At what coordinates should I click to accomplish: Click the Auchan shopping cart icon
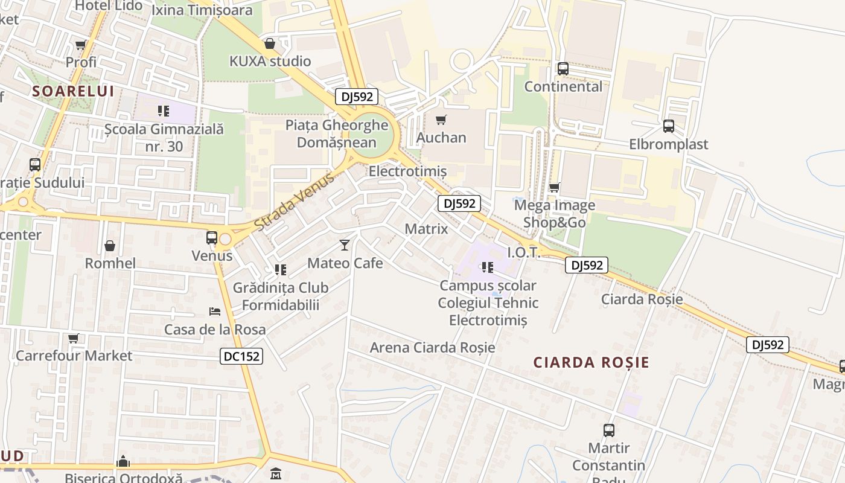[441, 120]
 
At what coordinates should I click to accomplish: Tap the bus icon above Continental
[563, 69]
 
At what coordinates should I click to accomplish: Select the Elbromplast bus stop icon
[668, 126]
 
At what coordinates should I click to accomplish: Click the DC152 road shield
[241, 356]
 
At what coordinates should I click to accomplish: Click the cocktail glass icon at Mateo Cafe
[344, 245]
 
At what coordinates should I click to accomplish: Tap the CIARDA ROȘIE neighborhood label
[591, 362]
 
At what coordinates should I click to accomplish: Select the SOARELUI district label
[73, 91]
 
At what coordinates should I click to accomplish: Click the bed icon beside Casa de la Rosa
[214, 312]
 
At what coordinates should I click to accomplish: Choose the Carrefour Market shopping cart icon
[73, 338]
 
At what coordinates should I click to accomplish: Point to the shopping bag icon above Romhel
[110, 246]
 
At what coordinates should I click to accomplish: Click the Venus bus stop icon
[211, 238]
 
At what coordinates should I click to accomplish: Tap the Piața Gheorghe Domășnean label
[337, 134]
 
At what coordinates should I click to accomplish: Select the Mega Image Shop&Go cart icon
[554, 187]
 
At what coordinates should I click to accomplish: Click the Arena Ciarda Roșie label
[432, 348]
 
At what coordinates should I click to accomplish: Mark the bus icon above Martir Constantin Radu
[608, 430]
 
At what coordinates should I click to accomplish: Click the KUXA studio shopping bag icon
[270, 43]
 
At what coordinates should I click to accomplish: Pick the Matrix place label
[426, 229]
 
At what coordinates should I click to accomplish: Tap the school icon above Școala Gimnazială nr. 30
[163, 110]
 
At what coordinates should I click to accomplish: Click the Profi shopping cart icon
[80, 45]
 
